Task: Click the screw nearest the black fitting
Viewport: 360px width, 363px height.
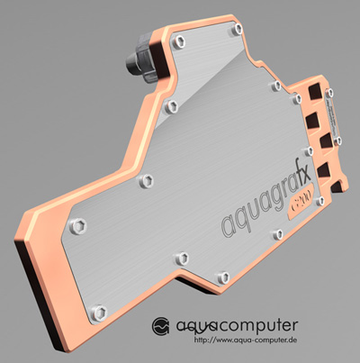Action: click(177, 40)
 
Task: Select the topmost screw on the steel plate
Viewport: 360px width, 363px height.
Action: click(237, 28)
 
